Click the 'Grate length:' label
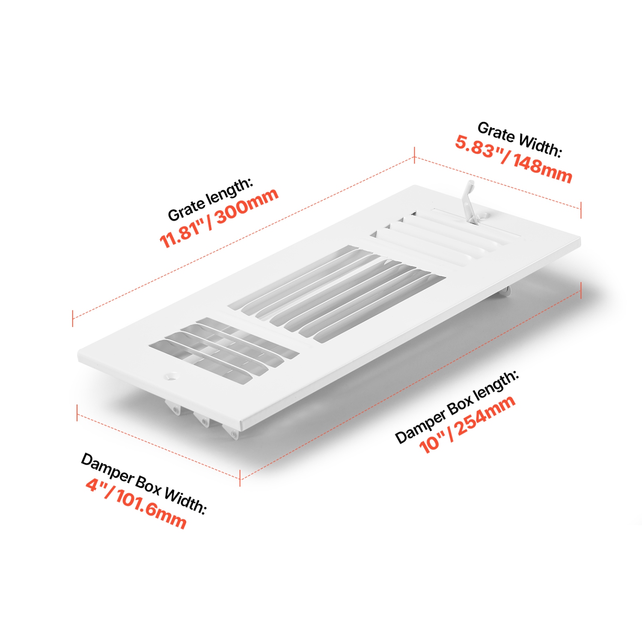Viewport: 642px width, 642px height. [x=210, y=199]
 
